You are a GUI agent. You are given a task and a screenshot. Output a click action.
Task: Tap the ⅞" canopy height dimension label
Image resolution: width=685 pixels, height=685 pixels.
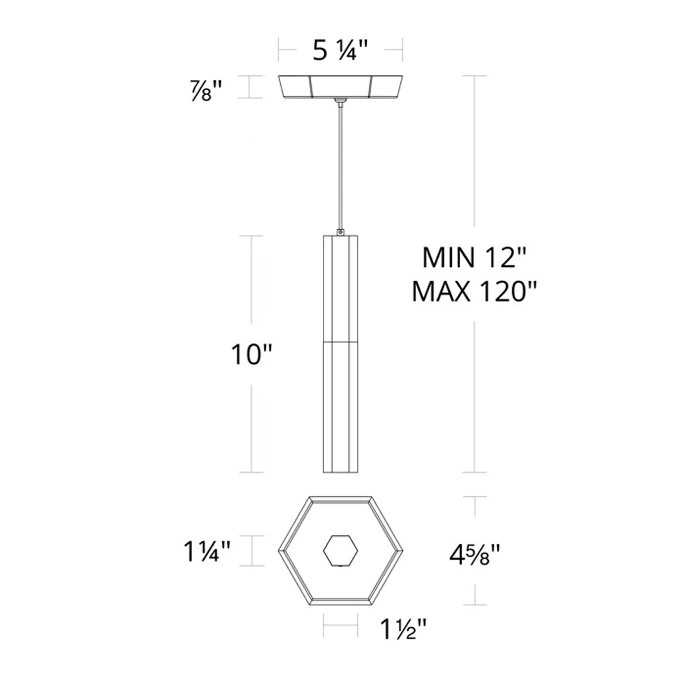[206, 91]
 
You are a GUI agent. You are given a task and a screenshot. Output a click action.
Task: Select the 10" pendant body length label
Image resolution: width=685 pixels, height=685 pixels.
[251, 355]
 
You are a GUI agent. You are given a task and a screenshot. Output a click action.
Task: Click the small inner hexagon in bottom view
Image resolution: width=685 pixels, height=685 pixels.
[340, 551]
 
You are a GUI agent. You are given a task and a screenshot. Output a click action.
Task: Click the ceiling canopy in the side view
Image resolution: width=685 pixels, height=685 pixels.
[340, 87]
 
